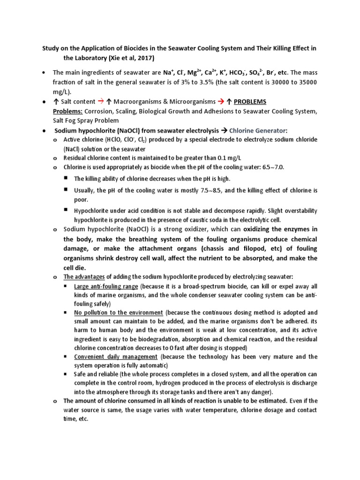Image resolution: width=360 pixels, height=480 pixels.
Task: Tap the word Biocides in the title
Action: point(127,48)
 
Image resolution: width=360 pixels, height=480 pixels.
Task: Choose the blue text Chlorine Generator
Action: point(259,131)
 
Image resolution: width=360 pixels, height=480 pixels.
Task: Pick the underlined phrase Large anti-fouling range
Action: point(106,286)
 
